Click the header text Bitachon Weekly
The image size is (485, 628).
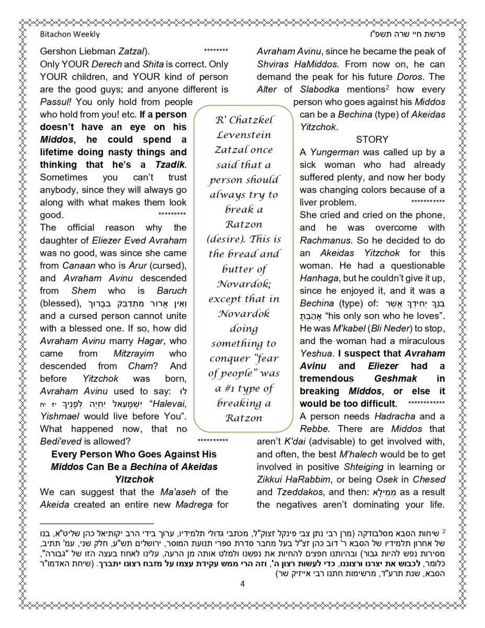(70, 35)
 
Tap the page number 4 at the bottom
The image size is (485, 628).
(242, 584)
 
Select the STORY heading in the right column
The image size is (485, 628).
(372, 140)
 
